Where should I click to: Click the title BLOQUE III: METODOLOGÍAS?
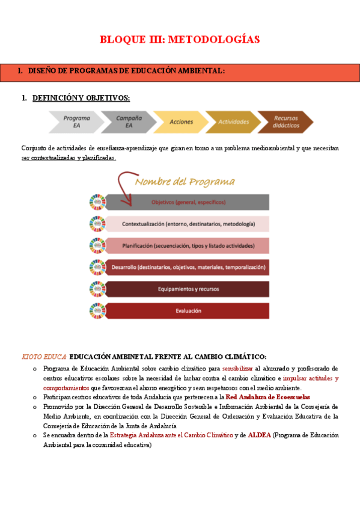(x=180, y=40)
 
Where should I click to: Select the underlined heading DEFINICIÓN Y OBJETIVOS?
(x=81, y=97)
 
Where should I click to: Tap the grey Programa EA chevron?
(x=75, y=121)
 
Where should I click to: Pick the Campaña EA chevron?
(x=127, y=121)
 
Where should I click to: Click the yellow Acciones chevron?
(x=180, y=121)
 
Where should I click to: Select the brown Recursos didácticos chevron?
(x=285, y=121)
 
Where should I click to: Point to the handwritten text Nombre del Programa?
(x=185, y=182)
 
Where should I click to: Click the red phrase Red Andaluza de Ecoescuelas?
(x=267, y=398)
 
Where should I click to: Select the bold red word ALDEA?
(x=259, y=435)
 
